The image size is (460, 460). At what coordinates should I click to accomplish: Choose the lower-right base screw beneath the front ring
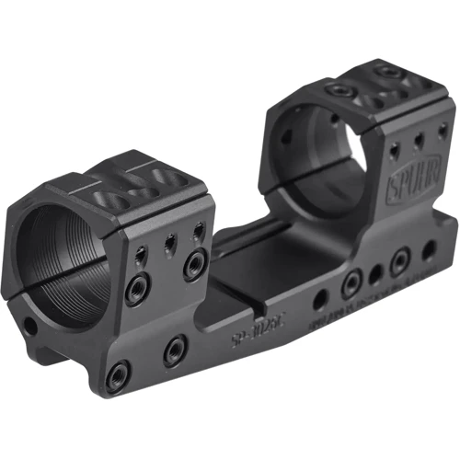click(174, 350)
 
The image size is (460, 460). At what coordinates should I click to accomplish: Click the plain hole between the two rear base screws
click(375, 275)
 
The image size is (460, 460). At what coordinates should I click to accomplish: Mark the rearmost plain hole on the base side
click(426, 249)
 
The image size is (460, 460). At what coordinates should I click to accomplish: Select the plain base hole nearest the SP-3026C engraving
click(319, 301)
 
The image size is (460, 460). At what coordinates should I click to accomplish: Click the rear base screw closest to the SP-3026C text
click(351, 286)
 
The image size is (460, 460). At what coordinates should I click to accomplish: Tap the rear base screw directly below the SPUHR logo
click(398, 263)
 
